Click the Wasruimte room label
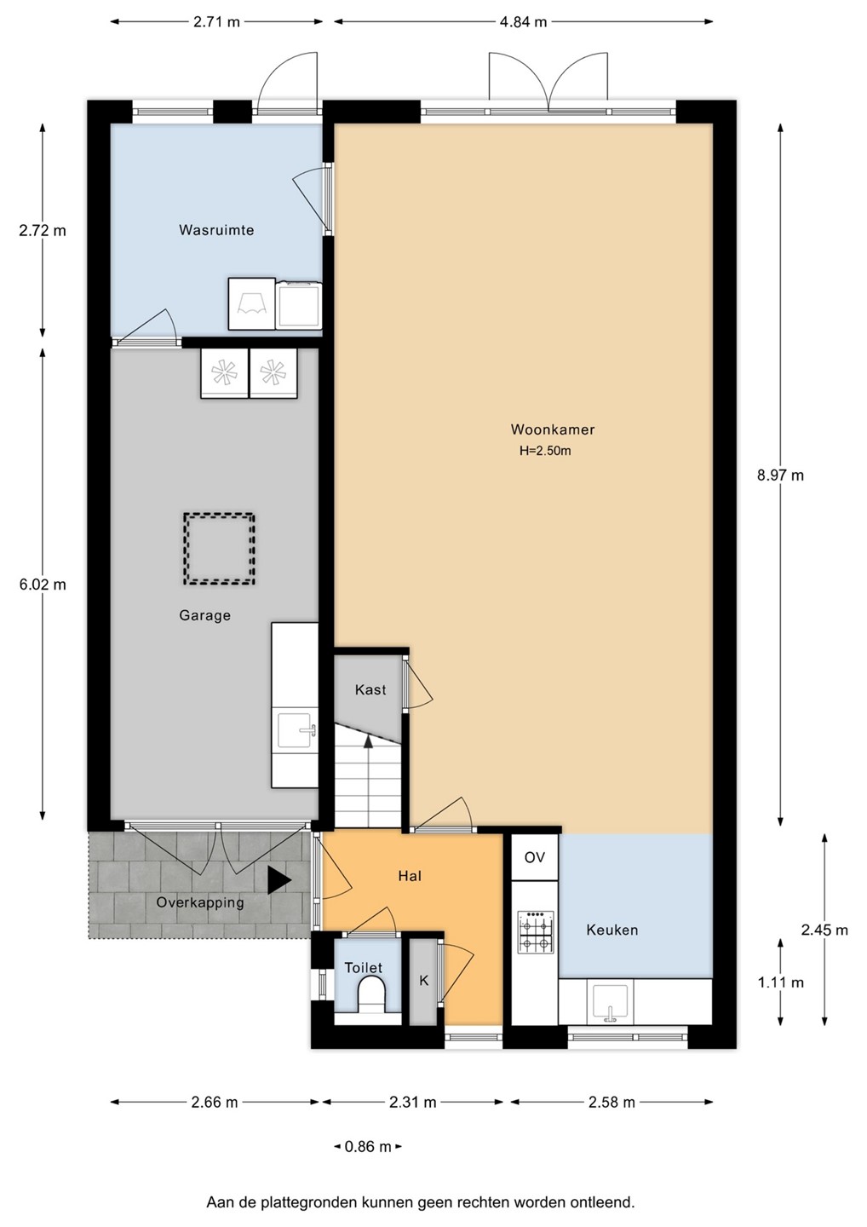point(216,229)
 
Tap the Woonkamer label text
point(553,429)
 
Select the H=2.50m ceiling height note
point(545,451)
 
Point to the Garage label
point(204,615)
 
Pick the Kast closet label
point(370,689)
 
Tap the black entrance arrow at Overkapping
point(278,880)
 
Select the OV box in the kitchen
point(535,857)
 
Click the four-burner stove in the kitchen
point(536,932)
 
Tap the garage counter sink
point(296,730)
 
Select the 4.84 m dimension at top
point(523,22)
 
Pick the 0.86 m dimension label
point(368,1145)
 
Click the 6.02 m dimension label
point(43,585)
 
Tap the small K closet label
point(423,980)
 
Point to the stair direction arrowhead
point(369,740)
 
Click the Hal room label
point(410,876)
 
